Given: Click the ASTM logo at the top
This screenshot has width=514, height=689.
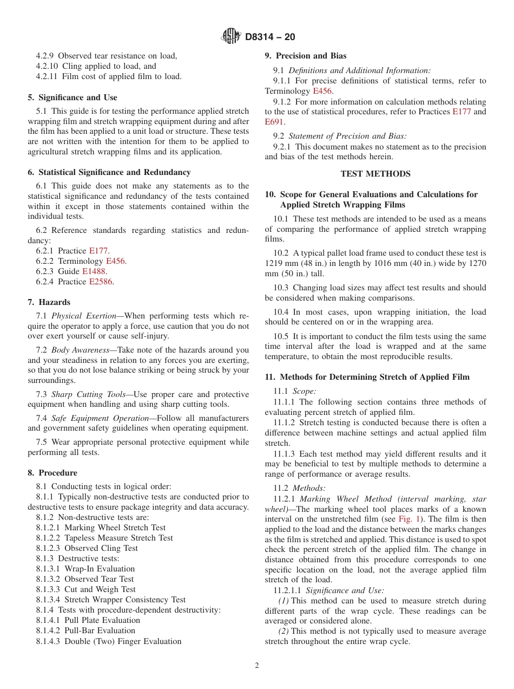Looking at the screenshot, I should [x=232, y=37].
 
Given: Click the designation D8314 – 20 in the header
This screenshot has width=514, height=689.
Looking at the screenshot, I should [x=270, y=37].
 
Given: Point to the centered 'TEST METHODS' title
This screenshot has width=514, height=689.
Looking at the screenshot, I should [x=375, y=174].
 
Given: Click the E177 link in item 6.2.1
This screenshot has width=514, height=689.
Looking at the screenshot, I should [x=98, y=251].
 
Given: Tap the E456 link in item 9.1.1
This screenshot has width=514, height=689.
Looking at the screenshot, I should [x=322, y=91].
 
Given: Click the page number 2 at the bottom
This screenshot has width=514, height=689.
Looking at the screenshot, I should [x=257, y=666].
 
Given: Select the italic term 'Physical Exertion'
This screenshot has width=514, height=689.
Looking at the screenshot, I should [x=84, y=316].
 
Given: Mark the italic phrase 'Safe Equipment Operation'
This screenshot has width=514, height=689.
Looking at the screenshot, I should [x=100, y=418].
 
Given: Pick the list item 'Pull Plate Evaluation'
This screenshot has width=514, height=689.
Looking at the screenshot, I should [x=102, y=620].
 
